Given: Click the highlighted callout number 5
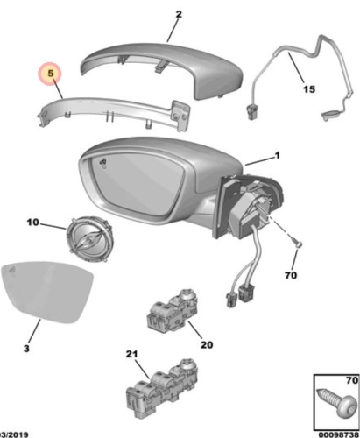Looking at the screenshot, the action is click(x=51, y=74).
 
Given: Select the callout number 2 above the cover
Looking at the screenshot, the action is click(x=179, y=14).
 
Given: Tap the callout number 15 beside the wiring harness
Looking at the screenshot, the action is click(x=309, y=89).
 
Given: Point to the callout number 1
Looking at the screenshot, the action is click(x=277, y=155).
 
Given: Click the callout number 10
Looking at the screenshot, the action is click(x=32, y=223).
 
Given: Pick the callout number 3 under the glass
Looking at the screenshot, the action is click(x=26, y=349).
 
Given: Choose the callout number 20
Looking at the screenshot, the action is click(x=207, y=345).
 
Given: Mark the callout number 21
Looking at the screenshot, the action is click(x=131, y=354).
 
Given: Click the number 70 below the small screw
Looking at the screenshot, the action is click(x=291, y=275).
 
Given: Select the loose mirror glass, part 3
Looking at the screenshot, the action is click(x=46, y=292).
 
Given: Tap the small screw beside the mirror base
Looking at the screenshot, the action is click(x=296, y=244).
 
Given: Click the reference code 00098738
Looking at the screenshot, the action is click(x=338, y=434).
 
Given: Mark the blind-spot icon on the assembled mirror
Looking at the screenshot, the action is click(x=103, y=162).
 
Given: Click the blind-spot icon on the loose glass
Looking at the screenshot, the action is click(x=12, y=271).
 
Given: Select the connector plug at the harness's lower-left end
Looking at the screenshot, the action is click(x=251, y=113).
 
